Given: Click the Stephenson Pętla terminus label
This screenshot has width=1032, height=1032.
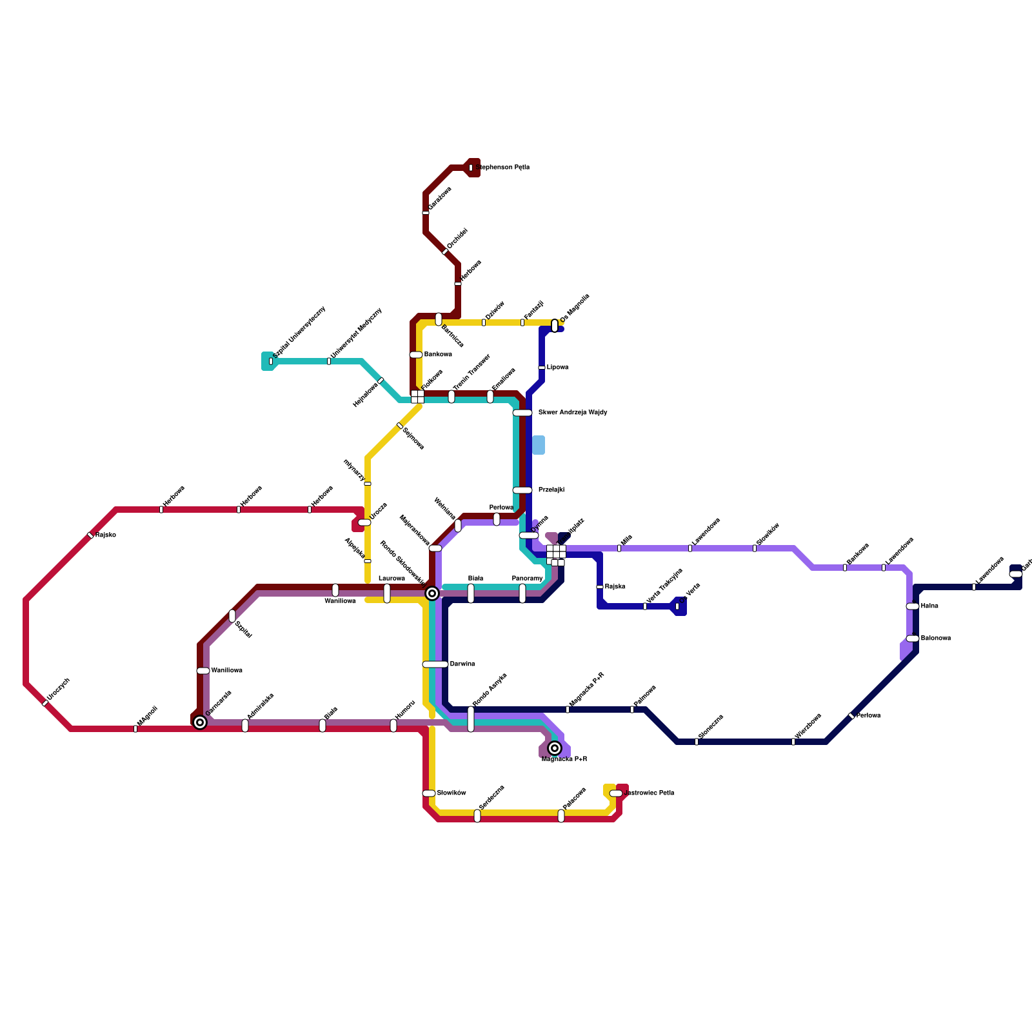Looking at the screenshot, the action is coord(503,168).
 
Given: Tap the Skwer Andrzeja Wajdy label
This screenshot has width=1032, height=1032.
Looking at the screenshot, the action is coord(572,413).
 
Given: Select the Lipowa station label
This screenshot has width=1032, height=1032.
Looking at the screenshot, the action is coord(557,368).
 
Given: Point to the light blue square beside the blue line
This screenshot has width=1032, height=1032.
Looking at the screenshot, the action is coord(538,445).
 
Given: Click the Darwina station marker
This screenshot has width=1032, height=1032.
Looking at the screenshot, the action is coord(435,664).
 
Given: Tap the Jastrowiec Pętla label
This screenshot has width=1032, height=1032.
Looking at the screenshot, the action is coord(650,793).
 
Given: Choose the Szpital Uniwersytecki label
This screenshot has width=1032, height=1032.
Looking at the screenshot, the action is coord(299,332).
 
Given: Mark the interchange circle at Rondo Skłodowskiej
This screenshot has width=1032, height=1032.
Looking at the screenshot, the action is coord(432,593).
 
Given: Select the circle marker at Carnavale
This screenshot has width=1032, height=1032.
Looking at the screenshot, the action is coord(200,722).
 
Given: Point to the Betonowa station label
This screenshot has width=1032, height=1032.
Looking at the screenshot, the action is coord(935,639).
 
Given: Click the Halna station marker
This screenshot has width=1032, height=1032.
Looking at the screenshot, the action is coord(912,606).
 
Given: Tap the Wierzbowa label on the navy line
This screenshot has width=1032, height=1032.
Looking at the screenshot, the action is coord(808,726).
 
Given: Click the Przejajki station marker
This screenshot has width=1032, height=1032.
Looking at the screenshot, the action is coord(522,490).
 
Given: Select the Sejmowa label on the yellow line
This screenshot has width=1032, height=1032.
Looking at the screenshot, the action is coord(413,439).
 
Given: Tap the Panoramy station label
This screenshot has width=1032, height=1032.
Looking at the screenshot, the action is coord(528,579).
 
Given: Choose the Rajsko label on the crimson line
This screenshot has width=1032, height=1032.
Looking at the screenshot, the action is coord(105,535).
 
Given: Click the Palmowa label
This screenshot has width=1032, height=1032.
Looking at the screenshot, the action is coord(644,696).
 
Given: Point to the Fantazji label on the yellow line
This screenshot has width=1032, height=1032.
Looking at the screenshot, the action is coord(533,310).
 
